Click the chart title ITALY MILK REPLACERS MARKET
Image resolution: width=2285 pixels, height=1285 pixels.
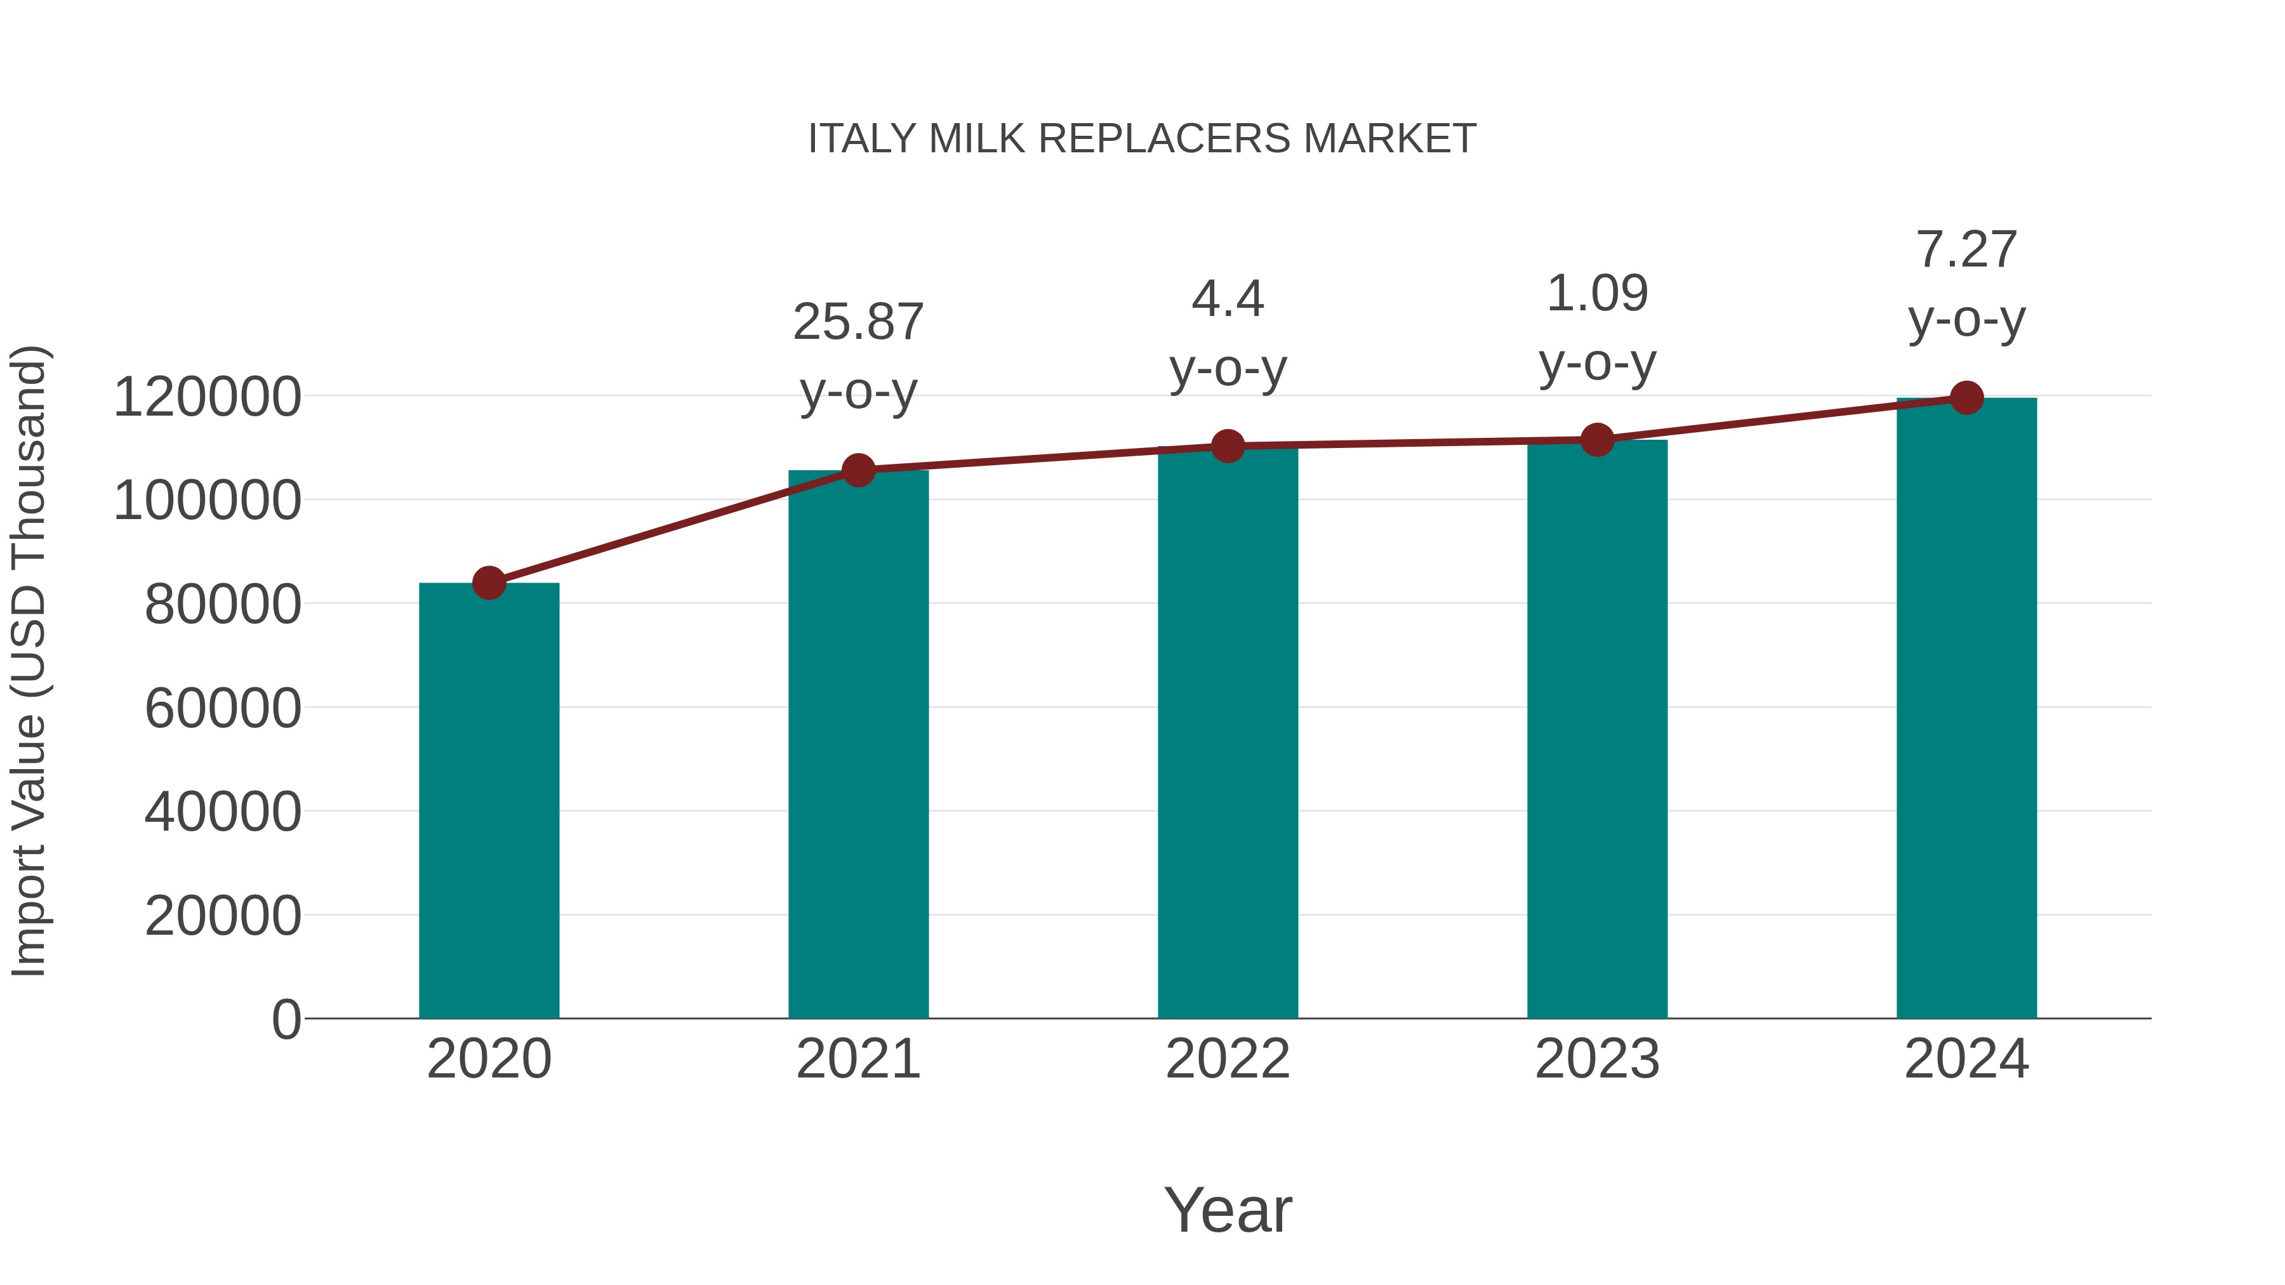coord(1142,139)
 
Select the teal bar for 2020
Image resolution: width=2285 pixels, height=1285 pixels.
coord(489,803)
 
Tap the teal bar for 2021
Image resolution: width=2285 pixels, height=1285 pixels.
coord(858,745)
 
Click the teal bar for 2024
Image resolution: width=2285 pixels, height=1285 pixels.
coord(1966,709)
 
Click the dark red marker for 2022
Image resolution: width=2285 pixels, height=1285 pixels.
coord(1228,446)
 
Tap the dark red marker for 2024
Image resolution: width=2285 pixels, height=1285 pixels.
coord(1966,398)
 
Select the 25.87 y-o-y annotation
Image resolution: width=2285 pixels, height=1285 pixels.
coord(858,357)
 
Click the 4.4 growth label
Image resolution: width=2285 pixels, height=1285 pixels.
coord(1228,333)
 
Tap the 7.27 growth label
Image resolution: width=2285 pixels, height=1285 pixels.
coord(1966,284)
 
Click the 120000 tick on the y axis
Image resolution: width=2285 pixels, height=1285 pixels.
coord(207,397)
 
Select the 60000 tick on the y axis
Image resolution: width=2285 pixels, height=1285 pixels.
coord(223,709)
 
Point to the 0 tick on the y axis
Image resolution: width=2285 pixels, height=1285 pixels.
coord(286,1019)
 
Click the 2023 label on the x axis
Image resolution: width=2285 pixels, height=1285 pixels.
coord(1597,1059)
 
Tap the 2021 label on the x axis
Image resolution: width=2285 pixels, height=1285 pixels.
coord(858,1059)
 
